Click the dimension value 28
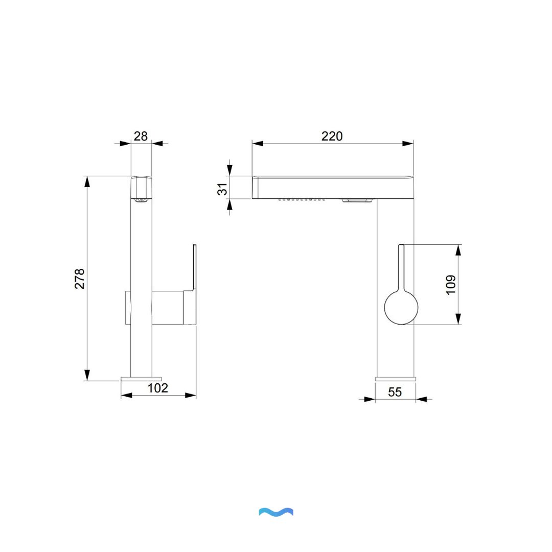[x=141, y=136]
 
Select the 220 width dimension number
[x=332, y=136]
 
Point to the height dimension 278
[x=80, y=279]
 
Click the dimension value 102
[x=157, y=388]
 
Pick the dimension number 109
[x=450, y=285]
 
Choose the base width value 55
[x=395, y=392]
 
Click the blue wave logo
[x=276, y=512]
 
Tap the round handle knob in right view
[x=401, y=307]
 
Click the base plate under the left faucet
[x=142, y=379]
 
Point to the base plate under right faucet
[x=395, y=379]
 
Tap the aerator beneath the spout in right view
[x=357, y=200]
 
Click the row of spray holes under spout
[x=302, y=199]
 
